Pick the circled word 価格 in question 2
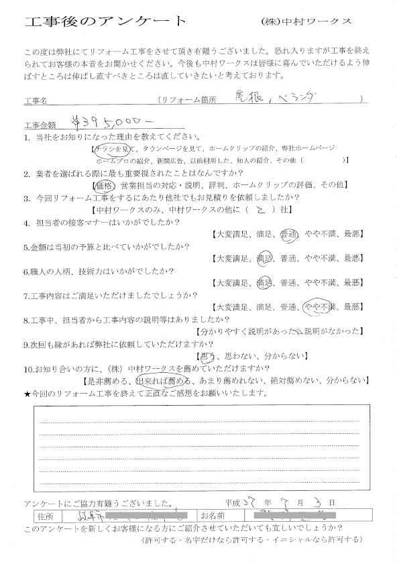[106, 184]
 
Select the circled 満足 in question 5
[264, 258]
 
